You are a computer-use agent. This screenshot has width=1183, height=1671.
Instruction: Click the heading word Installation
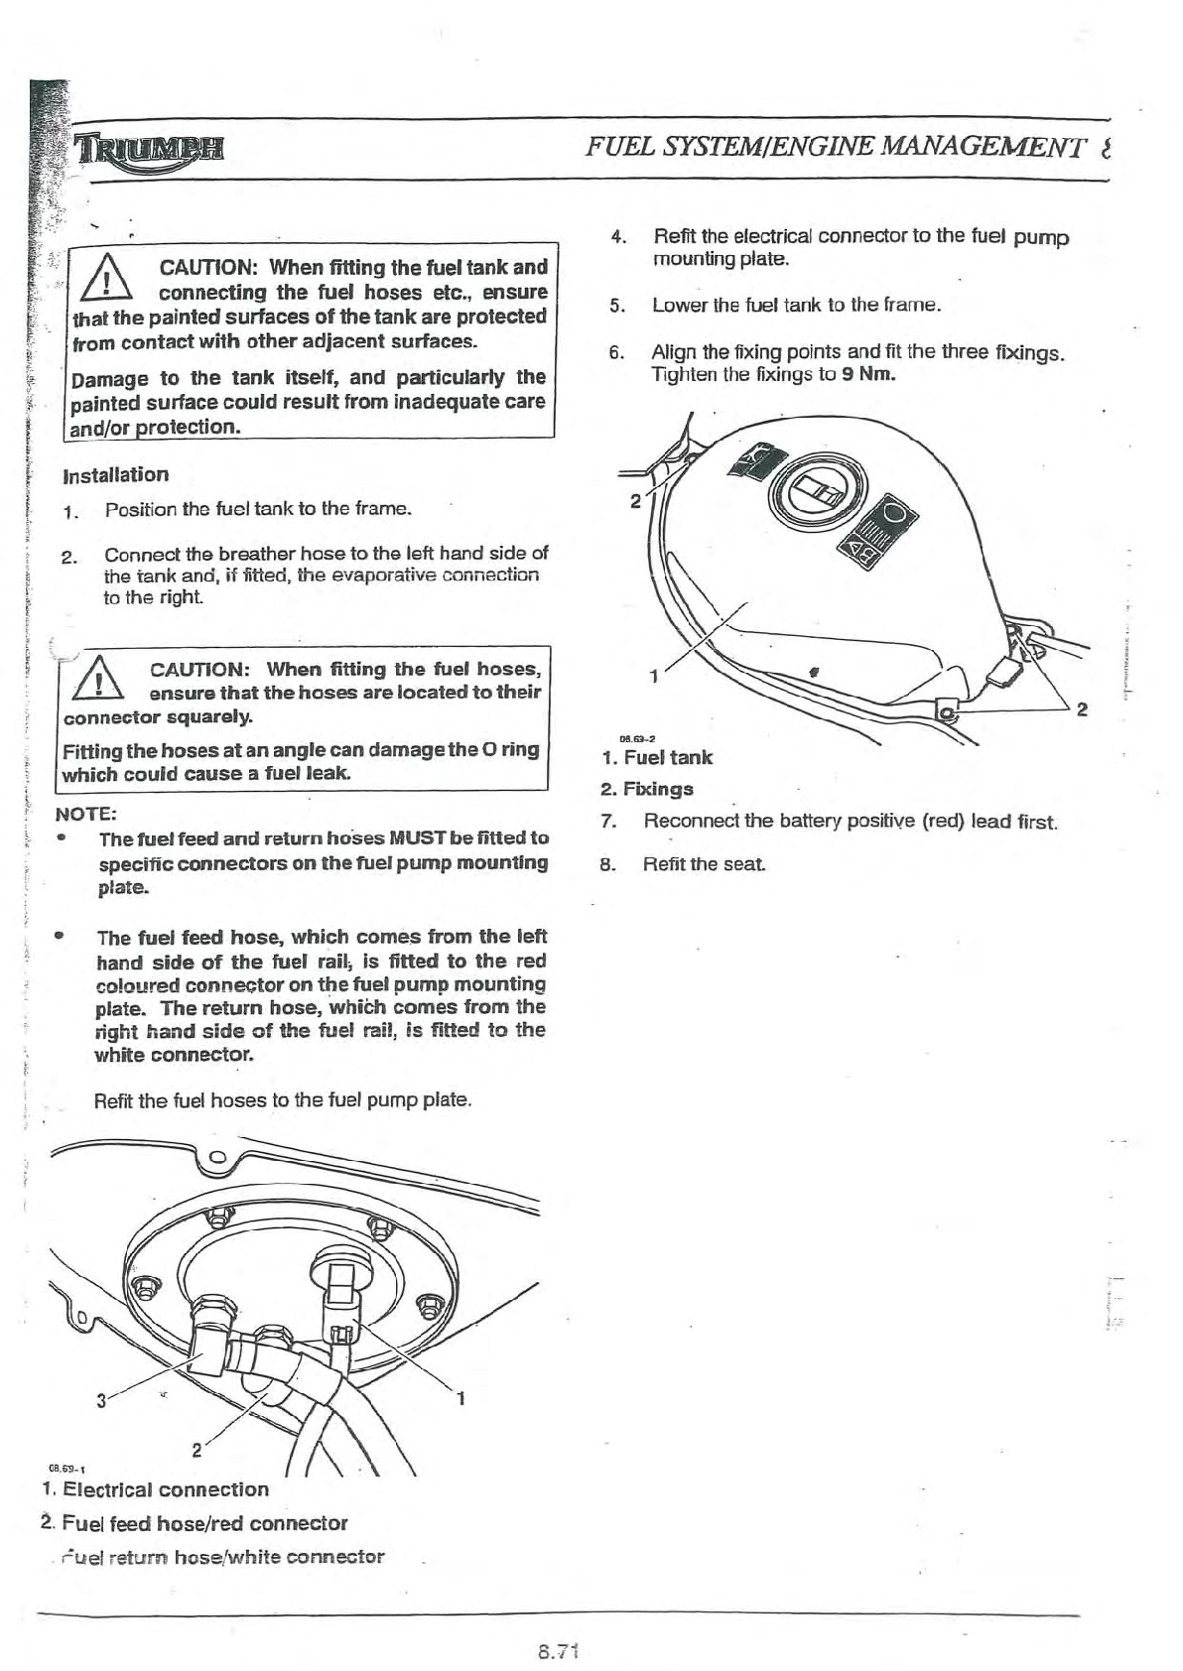pyautogui.click(x=115, y=475)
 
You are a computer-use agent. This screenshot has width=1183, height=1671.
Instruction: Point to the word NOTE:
pyautogui.click(x=86, y=815)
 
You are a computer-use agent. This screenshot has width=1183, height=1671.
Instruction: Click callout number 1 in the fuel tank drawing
pyautogui.click(x=653, y=677)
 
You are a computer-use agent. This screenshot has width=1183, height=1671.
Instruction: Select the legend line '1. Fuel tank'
pyautogui.click(x=657, y=758)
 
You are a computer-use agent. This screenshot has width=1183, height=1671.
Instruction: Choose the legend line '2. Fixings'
pyautogui.click(x=647, y=790)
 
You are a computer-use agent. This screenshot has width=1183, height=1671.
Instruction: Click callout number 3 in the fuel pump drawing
pyautogui.click(x=101, y=1402)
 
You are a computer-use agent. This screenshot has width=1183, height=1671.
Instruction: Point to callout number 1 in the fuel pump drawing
pyautogui.click(x=461, y=1400)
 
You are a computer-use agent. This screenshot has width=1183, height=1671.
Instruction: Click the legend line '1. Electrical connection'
pyautogui.click(x=156, y=1490)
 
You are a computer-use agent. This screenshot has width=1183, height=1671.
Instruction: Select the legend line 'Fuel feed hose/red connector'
pyautogui.click(x=204, y=1523)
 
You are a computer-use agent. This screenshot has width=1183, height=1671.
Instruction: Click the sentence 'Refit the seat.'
pyautogui.click(x=704, y=864)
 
